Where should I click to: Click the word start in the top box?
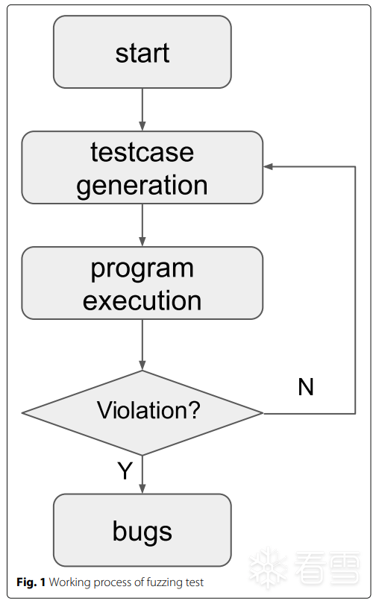click(142, 53)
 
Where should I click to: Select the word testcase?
click(142, 152)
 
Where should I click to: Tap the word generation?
click(142, 186)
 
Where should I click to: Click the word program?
click(142, 269)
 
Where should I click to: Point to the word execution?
click(142, 301)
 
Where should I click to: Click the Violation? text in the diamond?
click(148, 410)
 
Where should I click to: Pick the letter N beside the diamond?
click(306, 387)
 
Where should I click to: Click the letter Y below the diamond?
click(125, 471)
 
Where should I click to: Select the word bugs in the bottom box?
click(142, 532)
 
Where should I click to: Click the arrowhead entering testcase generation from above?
click(142, 126)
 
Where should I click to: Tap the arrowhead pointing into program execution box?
click(142, 242)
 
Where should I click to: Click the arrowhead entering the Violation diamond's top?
click(142, 365)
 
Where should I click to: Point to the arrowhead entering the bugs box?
click(142, 488)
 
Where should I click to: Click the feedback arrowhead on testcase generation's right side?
click(269, 166)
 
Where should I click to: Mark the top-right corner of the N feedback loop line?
click(355, 167)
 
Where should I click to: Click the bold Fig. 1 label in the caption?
click(31, 582)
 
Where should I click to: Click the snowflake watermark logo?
click(268, 568)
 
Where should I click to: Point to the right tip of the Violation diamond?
click(263, 413)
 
